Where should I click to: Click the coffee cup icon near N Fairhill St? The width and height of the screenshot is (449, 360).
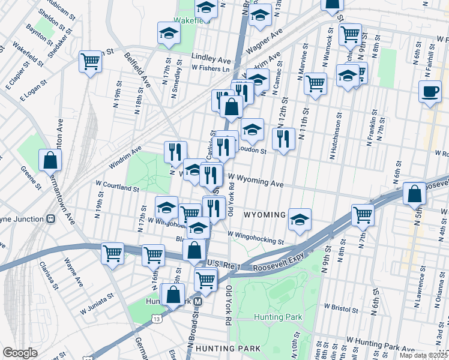click(430, 92)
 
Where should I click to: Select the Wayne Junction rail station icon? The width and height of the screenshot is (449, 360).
click(51, 218)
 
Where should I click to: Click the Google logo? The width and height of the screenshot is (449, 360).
click(20, 352)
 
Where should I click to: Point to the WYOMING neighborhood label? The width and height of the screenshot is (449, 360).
click(264, 215)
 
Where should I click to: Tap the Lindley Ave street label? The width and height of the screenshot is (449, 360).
click(211, 60)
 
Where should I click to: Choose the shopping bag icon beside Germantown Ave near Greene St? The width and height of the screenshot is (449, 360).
click(50, 160)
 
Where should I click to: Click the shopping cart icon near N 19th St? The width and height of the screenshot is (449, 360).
click(90, 61)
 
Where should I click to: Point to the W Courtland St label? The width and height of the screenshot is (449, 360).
click(116, 187)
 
